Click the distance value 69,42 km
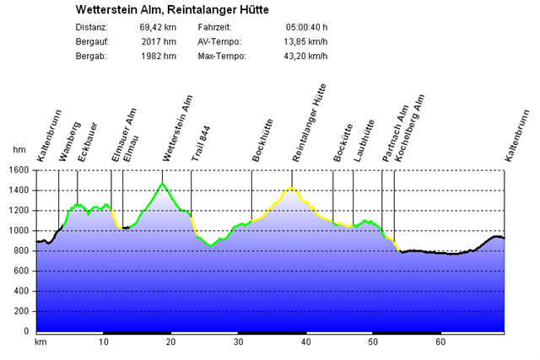158,27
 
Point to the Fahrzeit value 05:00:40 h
307,27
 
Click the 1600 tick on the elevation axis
19,169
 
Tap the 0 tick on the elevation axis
26,331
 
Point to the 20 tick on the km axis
170,343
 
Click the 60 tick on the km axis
440,343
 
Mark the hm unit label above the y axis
19,149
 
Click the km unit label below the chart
40,343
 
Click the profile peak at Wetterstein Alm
162,183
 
